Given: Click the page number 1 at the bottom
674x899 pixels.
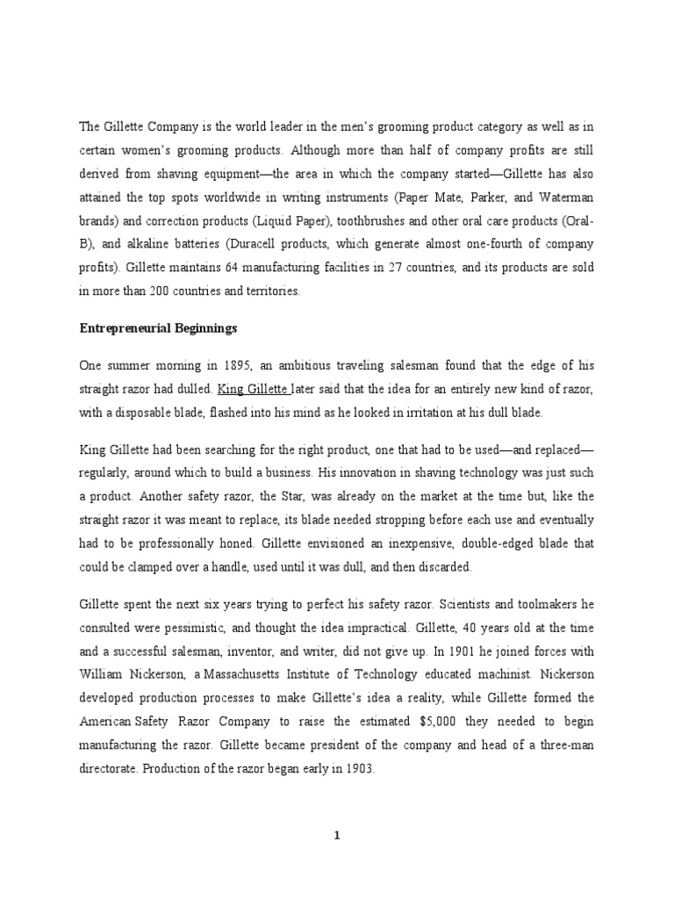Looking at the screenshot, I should [x=336, y=835].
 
